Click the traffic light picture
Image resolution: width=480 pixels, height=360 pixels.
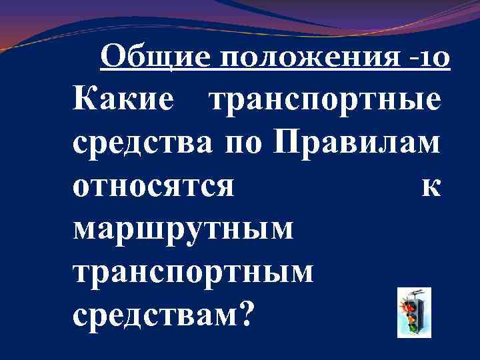click(x=413, y=312)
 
